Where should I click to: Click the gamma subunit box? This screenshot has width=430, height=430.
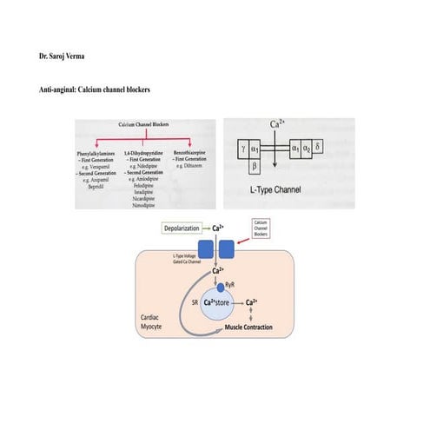pos(241,149)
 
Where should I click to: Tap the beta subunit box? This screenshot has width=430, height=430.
pos(254,164)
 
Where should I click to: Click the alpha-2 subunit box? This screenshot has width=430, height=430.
pos(308,149)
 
